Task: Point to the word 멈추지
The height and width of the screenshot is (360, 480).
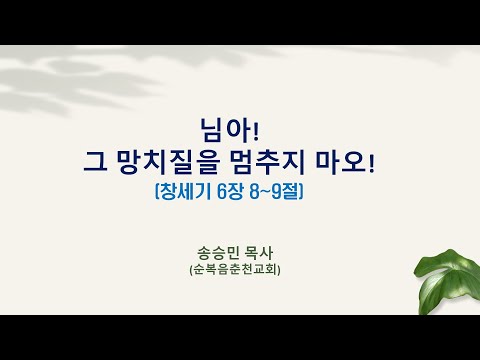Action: click(268, 163)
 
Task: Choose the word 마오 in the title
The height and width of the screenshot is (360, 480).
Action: click(340, 163)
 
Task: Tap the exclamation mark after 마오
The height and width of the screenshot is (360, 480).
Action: click(371, 163)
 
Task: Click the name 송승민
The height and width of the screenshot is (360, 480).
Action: click(218, 253)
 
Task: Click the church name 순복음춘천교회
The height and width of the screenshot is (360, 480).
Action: click(235, 269)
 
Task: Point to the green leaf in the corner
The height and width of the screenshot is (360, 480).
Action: click(447, 283)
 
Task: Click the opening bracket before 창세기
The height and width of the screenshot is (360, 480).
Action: click(157, 192)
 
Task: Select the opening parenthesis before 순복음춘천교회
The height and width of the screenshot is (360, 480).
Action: click(191, 269)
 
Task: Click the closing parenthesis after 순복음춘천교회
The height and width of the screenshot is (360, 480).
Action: click(279, 269)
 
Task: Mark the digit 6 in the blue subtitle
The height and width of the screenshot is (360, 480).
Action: click(221, 192)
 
